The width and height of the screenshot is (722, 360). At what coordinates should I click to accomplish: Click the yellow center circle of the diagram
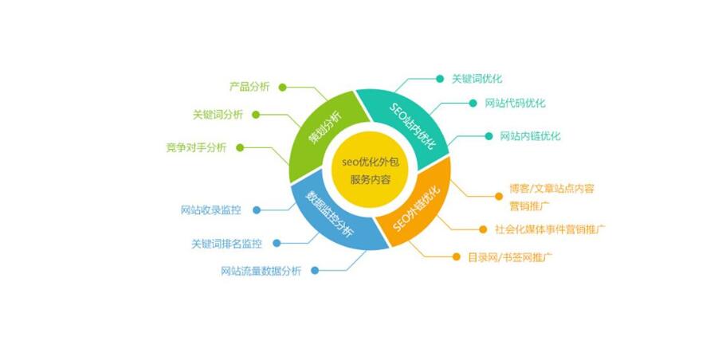click(x=370, y=170)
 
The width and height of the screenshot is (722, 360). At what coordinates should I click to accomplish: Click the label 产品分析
click(x=249, y=87)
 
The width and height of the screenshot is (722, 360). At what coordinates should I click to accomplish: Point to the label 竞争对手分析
click(x=196, y=148)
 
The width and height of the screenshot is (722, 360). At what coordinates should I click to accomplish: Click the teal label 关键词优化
click(x=477, y=79)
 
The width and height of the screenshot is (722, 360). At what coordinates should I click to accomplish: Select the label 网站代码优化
click(x=516, y=103)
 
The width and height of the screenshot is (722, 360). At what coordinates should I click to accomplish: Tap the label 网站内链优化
click(x=531, y=136)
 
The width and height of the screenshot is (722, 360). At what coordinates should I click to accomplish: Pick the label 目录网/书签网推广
click(x=510, y=257)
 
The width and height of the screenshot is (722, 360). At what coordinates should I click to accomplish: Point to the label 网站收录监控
click(x=211, y=210)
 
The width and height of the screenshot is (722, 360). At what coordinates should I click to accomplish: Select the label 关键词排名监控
click(x=226, y=244)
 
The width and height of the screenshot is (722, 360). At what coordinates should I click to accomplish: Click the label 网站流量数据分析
click(x=261, y=271)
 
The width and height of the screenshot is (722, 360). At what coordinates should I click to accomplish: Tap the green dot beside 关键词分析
click(x=256, y=115)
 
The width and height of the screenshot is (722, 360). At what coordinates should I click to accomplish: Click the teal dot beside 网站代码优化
click(x=473, y=103)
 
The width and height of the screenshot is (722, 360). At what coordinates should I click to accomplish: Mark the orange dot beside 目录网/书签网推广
click(x=456, y=257)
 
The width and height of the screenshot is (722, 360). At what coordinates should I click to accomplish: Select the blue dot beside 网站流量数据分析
click(x=315, y=271)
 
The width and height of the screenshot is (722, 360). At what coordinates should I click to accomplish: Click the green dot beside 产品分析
click(x=283, y=87)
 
